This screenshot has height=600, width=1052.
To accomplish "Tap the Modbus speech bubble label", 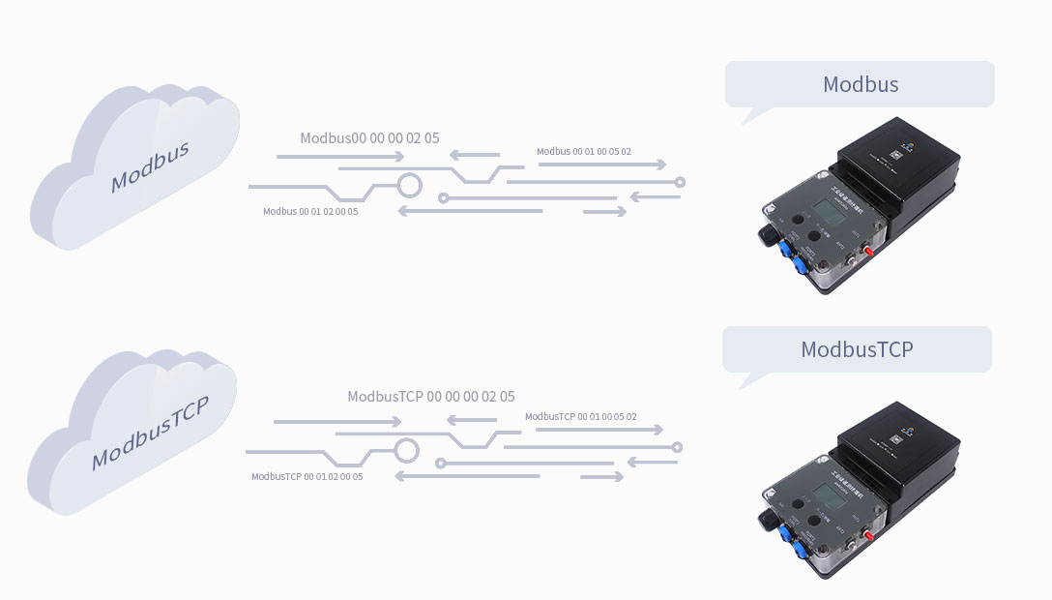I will [860, 84].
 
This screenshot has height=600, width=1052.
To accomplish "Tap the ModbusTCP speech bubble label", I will [856, 349].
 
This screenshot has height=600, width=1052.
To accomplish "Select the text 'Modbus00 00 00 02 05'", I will [369, 138].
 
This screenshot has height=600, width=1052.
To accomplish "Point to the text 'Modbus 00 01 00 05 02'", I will [583, 152].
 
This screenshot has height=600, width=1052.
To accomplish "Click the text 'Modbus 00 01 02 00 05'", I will [310, 211].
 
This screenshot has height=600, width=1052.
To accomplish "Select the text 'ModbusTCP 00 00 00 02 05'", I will [430, 397].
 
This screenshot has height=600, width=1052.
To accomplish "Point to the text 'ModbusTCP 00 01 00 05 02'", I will [580, 417].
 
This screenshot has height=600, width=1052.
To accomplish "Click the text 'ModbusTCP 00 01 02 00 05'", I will [307, 476].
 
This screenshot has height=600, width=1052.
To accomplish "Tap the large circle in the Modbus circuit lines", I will [410, 185].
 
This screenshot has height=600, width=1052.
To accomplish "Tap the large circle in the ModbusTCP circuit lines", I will [407, 450].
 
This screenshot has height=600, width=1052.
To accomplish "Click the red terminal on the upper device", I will [868, 252].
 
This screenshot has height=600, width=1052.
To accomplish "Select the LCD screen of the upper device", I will [824, 210].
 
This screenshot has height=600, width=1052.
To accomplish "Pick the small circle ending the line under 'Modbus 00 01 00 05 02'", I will [680, 182].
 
